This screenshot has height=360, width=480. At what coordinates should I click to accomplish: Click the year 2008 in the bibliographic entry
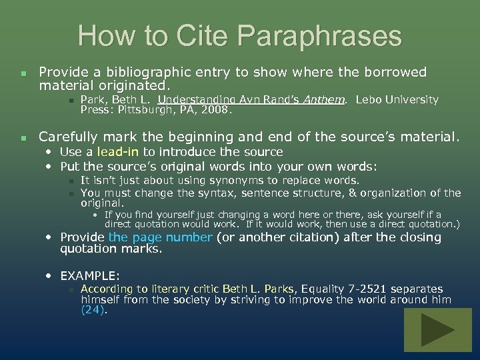(x=218, y=110)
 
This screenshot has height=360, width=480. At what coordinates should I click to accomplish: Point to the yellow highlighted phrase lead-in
(x=118, y=152)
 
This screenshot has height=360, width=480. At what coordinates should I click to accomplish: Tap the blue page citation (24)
(x=93, y=310)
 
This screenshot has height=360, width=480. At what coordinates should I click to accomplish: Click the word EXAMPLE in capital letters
(x=89, y=275)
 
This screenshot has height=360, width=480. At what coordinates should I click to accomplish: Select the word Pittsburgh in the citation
(x=145, y=110)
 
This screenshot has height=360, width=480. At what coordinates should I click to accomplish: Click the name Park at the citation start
(x=93, y=100)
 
